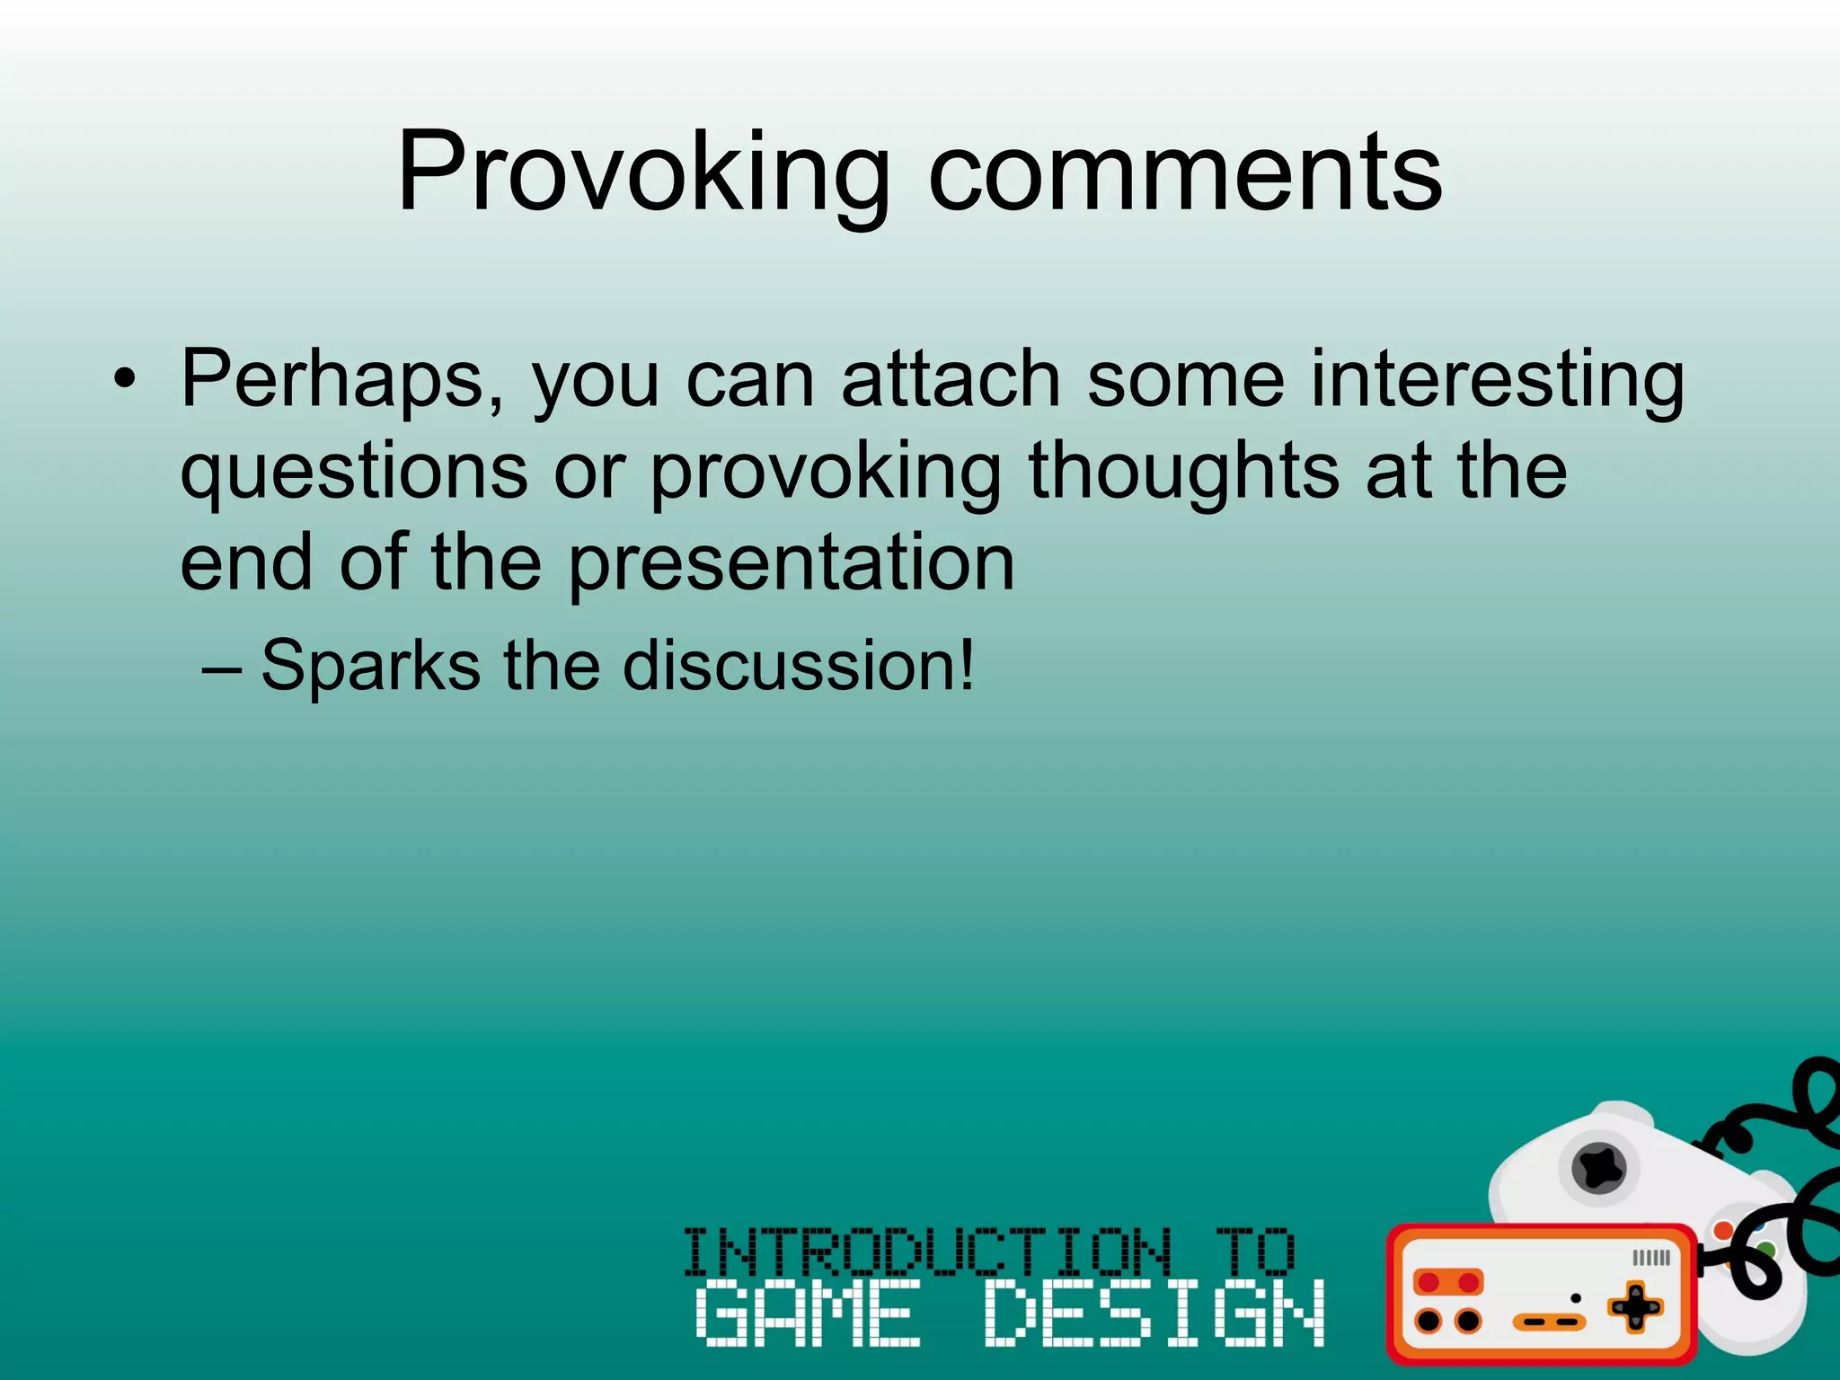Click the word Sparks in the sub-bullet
[370, 666]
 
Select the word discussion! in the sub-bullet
[799, 666]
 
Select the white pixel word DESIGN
[1154, 1313]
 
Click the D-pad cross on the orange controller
[1635, 1307]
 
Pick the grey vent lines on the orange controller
[1650, 1258]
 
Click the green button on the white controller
[1765, 1249]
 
